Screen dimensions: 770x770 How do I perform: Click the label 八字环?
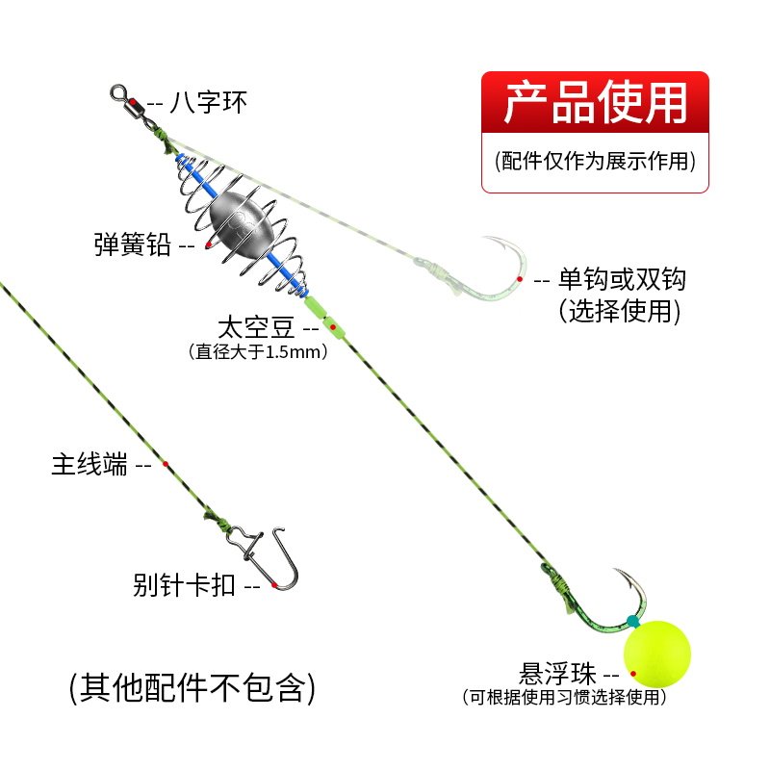click(x=208, y=101)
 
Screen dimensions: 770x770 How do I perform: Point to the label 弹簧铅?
click(x=133, y=245)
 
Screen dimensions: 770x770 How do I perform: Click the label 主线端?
click(x=89, y=465)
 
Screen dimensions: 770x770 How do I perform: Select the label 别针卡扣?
click(x=184, y=584)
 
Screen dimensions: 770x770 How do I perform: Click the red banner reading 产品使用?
click(x=595, y=103)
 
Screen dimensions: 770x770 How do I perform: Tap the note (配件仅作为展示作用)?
click(x=595, y=160)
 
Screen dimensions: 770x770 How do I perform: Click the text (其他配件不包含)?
click(x=192, y=687)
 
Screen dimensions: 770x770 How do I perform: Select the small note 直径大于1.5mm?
click(x=259, y=352)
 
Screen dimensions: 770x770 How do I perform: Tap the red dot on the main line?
click(x=166, y=463)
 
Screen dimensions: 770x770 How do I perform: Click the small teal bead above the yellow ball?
click(x=631, y=621)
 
